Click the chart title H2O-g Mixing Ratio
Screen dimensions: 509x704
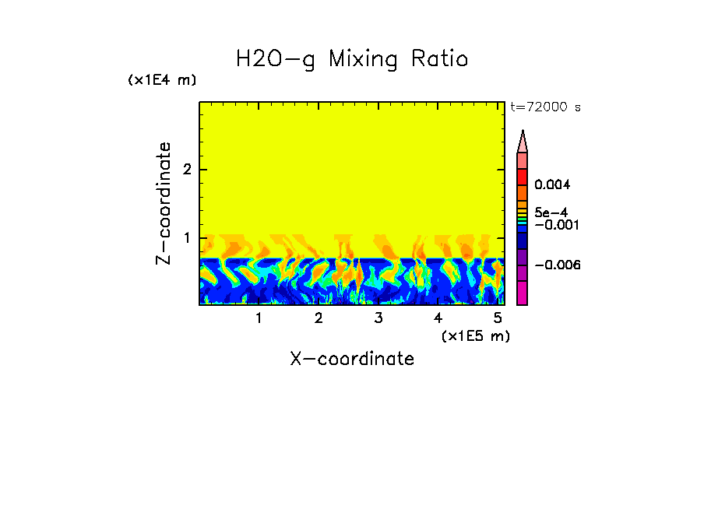352,59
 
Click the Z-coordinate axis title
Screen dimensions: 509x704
164,203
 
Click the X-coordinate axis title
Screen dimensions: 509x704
352,359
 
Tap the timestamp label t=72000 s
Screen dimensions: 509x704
545,107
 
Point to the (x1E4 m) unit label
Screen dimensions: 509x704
162,80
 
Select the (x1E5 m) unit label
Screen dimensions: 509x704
475,335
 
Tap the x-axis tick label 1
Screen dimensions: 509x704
259,318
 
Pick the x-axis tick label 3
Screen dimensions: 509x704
378,318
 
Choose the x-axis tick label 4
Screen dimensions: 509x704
438,318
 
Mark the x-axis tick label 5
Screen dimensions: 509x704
498,318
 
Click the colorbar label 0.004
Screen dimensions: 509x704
553,185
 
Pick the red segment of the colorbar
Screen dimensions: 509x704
523,177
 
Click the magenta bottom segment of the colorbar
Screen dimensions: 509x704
523,293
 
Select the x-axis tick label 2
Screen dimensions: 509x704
319,318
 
